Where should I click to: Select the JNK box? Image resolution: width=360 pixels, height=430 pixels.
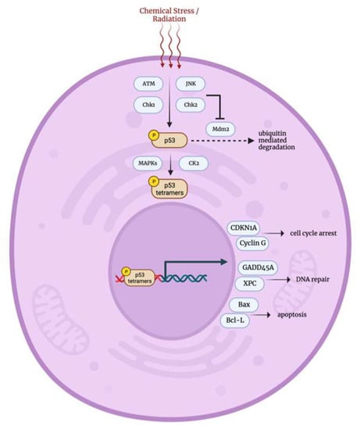pyautogui.click(x=190, y=83)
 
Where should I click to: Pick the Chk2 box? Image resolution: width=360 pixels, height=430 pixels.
pyautogui.click(x=190, y=104)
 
